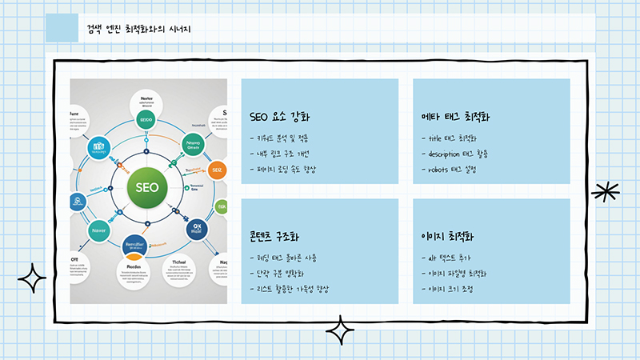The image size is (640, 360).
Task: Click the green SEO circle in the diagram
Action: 147,189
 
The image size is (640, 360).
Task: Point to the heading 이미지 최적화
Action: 448,238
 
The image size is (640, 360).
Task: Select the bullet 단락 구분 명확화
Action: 283,274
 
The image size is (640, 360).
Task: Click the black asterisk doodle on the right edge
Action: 606,192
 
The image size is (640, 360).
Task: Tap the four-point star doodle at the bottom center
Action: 339,330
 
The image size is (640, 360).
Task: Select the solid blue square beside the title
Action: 62,27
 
